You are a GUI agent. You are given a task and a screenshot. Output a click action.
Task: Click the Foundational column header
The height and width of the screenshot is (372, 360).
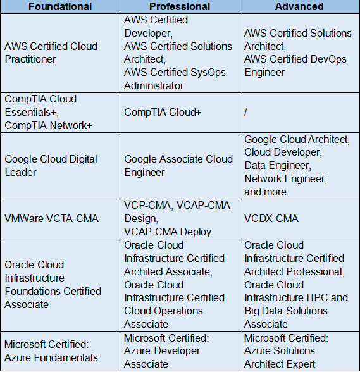(x=60, y=6)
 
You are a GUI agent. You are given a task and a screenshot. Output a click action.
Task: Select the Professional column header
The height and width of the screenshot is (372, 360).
(x=180, y=6)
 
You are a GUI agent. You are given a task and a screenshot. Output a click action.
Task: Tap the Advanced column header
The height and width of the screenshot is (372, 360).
(x=299, y=6)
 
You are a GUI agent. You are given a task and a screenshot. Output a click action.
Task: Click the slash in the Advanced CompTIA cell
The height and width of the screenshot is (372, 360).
(x=245, y=112)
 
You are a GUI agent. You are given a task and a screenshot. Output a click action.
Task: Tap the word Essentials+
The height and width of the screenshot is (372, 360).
(x=32, y=112)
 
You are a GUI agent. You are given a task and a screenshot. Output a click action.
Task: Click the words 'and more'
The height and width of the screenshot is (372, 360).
(x=265, y=192)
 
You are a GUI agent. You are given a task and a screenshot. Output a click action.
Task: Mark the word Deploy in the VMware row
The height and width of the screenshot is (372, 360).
(x=196, y=232)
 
